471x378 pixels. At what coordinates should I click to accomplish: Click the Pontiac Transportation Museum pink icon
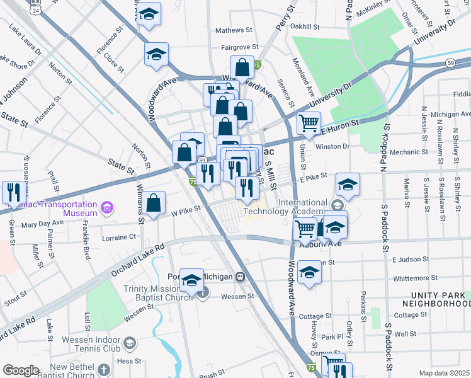pos(107,207)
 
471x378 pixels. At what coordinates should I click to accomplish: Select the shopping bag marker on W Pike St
pos(153,203)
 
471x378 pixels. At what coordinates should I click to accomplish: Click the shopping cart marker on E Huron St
pos(308,122)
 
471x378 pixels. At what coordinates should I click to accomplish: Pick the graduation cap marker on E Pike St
pos(347,184)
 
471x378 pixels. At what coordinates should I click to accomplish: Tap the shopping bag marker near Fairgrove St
pos(242,67)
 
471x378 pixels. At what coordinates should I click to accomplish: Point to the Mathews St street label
pos(234,30)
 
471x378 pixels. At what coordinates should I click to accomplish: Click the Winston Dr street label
pos(332,146)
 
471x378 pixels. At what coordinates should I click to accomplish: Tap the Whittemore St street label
pos(413,277)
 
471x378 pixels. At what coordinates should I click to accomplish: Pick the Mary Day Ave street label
pos(42,222)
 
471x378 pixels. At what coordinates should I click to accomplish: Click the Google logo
pos(21,370)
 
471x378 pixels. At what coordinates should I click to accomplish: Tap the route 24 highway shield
pos(36,10)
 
